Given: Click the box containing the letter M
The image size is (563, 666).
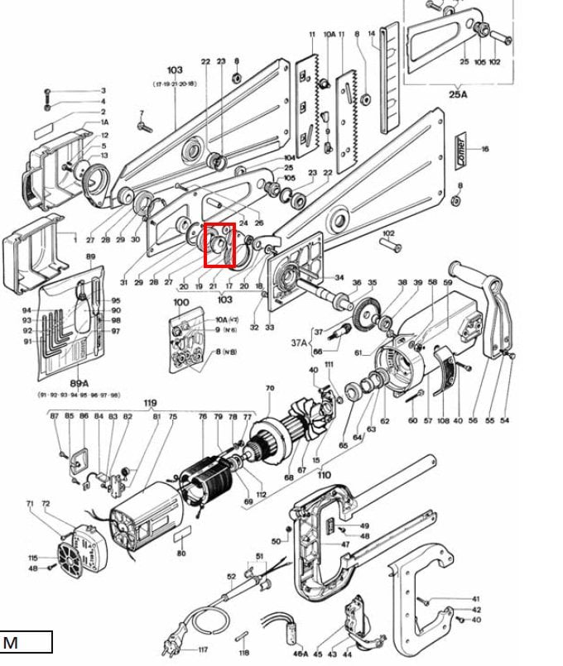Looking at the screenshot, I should point(26,642).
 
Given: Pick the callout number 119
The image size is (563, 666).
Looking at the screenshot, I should point(150,405).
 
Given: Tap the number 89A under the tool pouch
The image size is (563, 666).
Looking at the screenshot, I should point(79,383).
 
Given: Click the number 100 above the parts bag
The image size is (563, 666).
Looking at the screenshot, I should point(181,303).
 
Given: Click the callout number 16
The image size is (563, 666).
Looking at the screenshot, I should point(485,150).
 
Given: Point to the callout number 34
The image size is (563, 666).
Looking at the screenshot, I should point(337,277).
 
